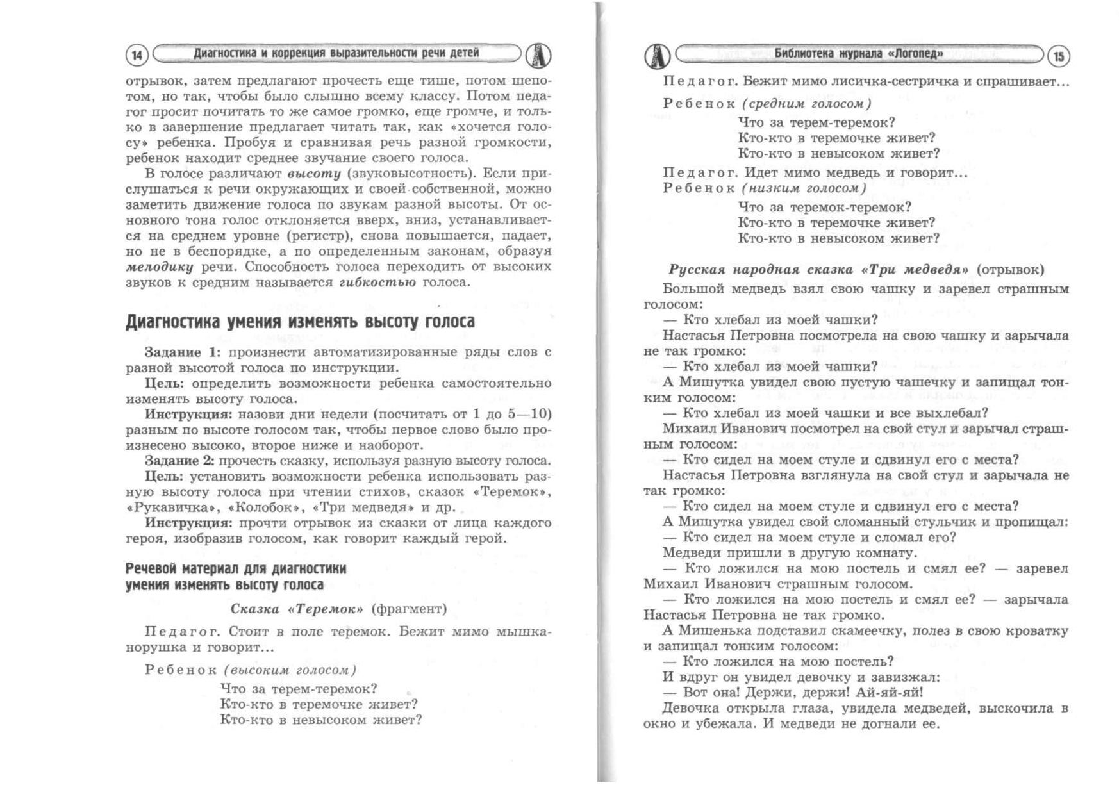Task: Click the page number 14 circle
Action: [137, 56]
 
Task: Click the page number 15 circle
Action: [1058, 57]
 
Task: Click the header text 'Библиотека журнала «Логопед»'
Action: [858, 54]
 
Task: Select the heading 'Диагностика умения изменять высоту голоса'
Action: [300, 322]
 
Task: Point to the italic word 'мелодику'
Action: [159, 267]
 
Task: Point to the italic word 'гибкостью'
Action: [377, 283]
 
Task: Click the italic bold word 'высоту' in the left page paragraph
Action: [313, 174]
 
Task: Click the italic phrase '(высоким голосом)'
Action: [290, 670]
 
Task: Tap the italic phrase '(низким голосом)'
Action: [804, 188]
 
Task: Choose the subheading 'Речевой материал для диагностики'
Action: [236, 569]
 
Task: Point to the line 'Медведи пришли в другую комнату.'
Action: [790, 553]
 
